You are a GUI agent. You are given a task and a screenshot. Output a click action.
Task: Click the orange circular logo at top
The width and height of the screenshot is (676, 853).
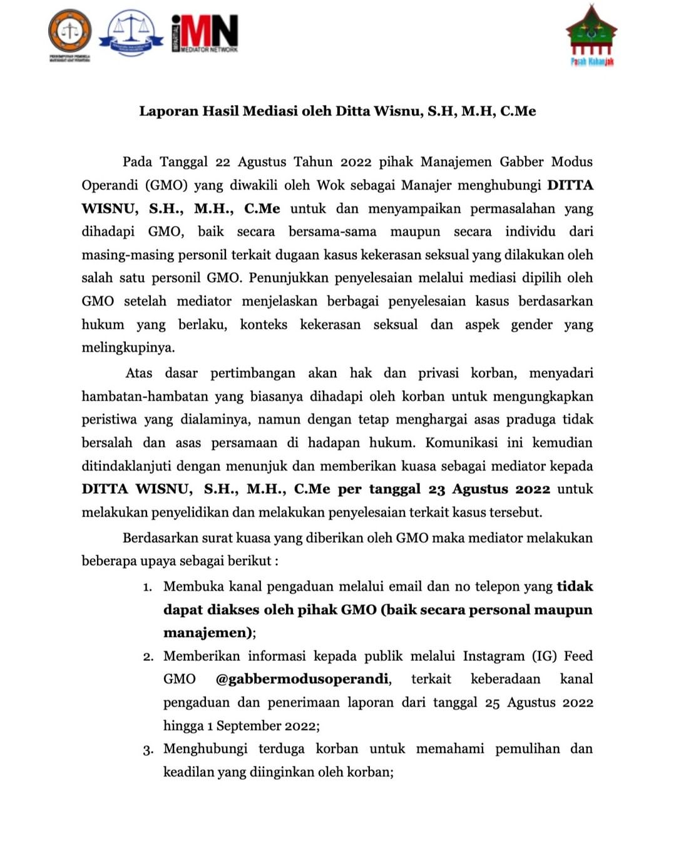pyautogui.click(x=69, y=32)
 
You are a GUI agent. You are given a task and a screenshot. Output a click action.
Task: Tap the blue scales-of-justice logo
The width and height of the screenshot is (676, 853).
pyautogui.click(x=131, y=33)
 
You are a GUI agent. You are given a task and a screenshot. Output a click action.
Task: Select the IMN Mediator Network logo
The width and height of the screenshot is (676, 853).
pyautogui.click(x=205, y=33)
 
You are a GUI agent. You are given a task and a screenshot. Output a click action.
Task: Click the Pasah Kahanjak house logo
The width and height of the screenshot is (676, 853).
pyautogui.click(x=591, y=35)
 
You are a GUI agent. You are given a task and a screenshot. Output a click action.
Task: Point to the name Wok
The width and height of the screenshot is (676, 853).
pyautogui.click(x=330, y=185)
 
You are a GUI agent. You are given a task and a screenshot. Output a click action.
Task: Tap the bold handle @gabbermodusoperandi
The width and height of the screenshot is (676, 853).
pyautogui.click(x=302, y=679)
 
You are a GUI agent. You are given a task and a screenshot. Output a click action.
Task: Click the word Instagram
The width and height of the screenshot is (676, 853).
pyautogui.click(x=493, y=656)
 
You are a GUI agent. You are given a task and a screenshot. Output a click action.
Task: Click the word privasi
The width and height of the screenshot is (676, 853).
pyautogui.click(x=438, y=373)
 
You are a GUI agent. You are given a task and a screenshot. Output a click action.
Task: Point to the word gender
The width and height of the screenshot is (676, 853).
pyautogui.click(x=531, y=324)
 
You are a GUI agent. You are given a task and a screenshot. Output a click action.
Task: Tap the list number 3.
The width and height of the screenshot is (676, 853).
pyautogui.click(x=148, y=750)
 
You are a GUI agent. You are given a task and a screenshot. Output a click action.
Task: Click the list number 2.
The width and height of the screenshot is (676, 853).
pyautogui.click(x=148, y=657)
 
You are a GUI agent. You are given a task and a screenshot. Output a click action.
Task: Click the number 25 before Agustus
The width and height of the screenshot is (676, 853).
pyautogui.click(x=493, y=703)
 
